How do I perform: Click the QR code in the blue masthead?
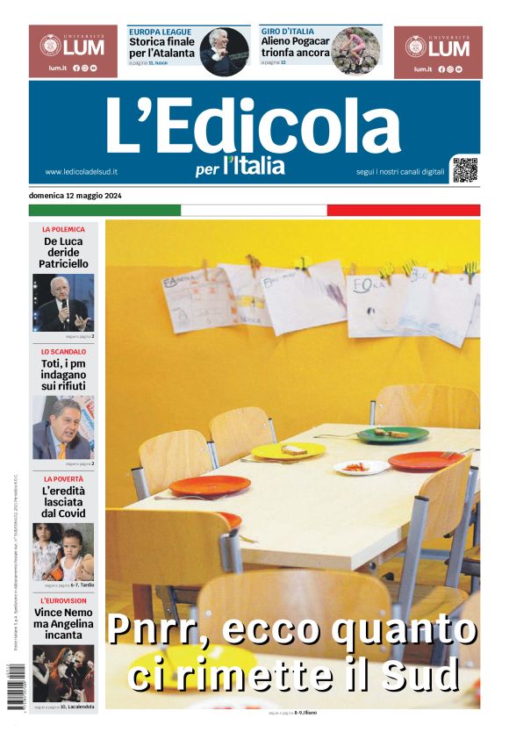[x=465, y=169]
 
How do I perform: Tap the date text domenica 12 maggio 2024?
[x=75, y=195]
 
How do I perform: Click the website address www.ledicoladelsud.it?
[x=82, y=172]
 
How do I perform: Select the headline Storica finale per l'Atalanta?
[x=162, y=47]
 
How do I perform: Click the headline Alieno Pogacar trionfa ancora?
[x=296, y=47]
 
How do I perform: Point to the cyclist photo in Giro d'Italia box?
[x=355, y=52]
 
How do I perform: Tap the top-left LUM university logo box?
[x=73, y=52]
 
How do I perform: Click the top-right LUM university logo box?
[x=438, y=52]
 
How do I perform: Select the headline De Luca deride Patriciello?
[x=64, y=252]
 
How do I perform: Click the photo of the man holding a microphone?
[x=63, y=303]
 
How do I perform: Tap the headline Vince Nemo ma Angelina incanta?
[x=64, y=623]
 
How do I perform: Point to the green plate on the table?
[x=392, y=434]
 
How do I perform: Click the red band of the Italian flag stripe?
[x=404, y=210]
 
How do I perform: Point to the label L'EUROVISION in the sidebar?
[x=64, y=599]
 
